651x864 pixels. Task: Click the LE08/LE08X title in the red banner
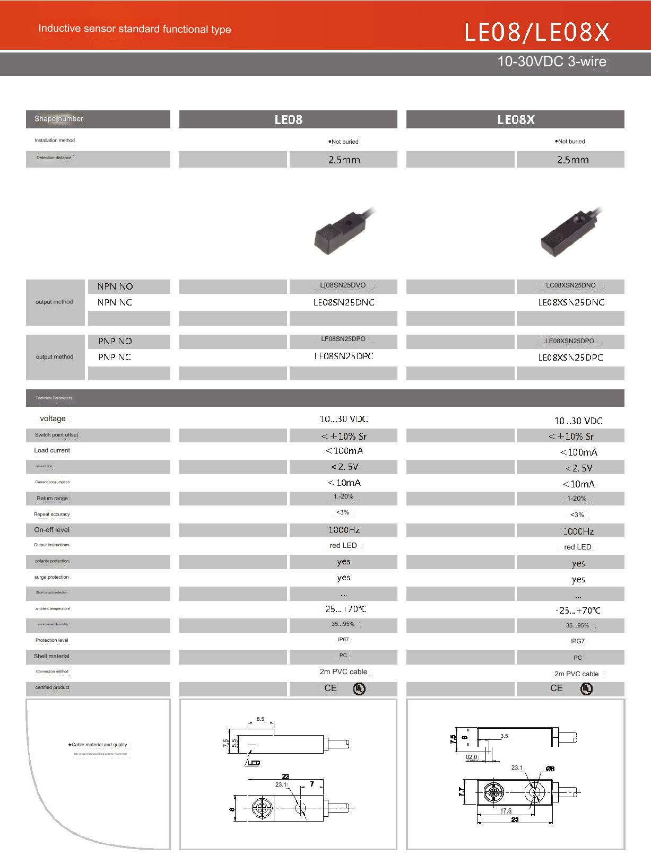(537, 32)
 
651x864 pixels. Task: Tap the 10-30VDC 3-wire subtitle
(551, 62)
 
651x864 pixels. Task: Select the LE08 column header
(288, 119)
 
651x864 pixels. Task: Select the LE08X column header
(515, 119)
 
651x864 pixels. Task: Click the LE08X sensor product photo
(570, 233)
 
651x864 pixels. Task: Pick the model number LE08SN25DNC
(344, 302)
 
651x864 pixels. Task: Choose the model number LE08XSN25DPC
(570, 357)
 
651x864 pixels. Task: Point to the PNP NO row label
(115, 341)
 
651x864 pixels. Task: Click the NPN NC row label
(115, 302)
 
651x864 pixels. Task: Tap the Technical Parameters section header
(54, 398)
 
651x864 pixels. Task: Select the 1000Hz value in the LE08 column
(344, 530)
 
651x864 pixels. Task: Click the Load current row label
(52, 450)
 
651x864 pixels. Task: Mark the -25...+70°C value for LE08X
(578, 610)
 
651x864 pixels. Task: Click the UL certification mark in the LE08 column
(359, 689)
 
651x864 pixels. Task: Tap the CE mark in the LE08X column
(557, 688)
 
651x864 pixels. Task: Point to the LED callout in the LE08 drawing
(254, 763)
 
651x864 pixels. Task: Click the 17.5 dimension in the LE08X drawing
(506, 810)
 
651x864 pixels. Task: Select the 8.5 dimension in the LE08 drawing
(260, 719)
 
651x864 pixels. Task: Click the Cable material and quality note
(99, 745)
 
